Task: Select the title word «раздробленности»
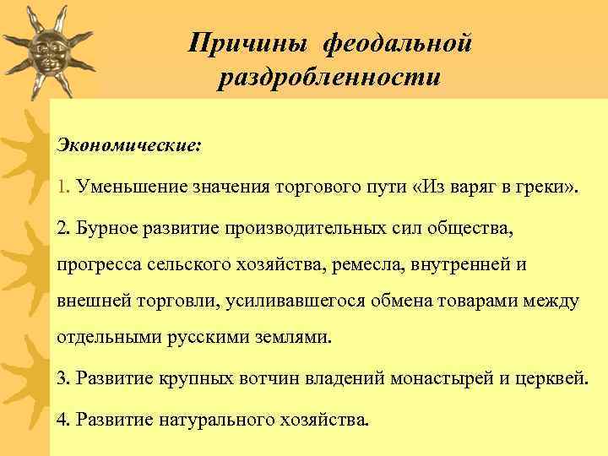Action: tap(328, 78)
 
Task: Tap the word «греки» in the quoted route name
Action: tap(546, 186)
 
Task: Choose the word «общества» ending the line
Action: tap(464, 225)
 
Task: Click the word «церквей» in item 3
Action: tap(550, 377)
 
